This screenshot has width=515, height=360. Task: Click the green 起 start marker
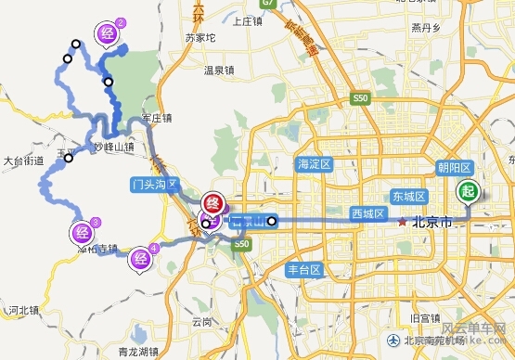[x=468, y=191]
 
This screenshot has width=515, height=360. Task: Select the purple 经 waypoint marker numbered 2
[x=107, y=35]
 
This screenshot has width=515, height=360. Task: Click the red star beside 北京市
[x=403, y=222]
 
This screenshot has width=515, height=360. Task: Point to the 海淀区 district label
[x=314, y=164]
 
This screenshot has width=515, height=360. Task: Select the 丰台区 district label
[x=303, y=270]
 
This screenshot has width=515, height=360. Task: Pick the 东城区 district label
[x=407, y=197]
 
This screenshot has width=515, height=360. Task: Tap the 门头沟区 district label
[x=153, y=184]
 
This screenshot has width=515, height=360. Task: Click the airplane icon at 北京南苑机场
[x=396, y=340]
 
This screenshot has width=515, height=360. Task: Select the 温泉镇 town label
[x=219, y=70]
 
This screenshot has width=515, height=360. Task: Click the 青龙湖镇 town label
[x=142, y=351]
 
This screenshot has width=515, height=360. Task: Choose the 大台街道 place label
[x=24, y=161]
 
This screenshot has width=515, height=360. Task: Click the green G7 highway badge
[x=269, y=5]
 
